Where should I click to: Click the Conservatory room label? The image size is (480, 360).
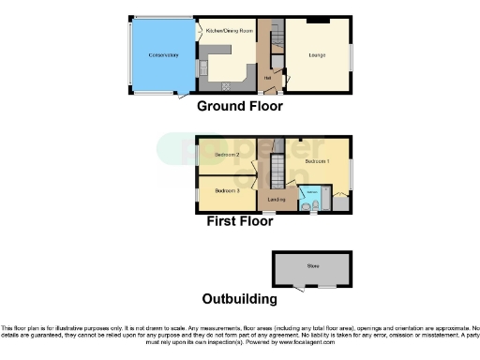pos(162,56)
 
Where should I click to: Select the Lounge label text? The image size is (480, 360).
pos(317,56)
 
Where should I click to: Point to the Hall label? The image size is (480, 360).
pos(267,77)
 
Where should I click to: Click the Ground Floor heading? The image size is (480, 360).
pos(240,107)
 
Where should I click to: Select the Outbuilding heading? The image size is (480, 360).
pos(240,300)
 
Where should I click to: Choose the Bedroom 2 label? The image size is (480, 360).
pos(227,154)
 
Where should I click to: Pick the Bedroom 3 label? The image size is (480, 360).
pos(228,190)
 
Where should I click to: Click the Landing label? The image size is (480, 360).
pos(276,200)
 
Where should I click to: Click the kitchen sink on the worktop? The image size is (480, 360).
pos(200,67)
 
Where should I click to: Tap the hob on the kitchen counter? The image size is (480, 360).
pos(225,86)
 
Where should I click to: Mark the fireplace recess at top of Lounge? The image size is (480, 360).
pos(319,21)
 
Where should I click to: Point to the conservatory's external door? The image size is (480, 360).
pos(183,95)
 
